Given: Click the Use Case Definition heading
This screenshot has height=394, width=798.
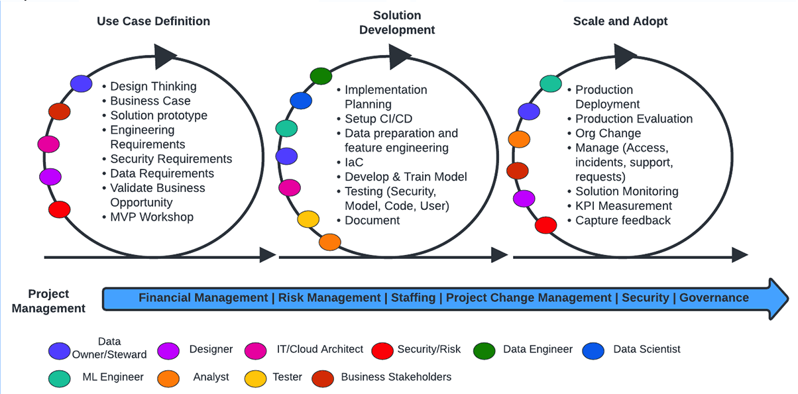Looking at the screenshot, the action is coord(154,21).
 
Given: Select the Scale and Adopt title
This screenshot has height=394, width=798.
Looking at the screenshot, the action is coord(620,21).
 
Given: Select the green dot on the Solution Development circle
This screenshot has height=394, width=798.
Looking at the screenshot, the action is coord(321,75).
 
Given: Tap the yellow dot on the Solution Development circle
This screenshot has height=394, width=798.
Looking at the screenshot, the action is coord(308,219).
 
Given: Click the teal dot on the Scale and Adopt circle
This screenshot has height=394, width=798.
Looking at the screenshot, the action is coord(551,83).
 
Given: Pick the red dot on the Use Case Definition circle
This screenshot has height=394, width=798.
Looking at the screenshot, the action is coord(60,209).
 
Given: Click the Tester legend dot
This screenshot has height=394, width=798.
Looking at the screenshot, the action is coord(255,379).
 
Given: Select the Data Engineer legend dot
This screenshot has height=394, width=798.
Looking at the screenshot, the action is coord(484,351).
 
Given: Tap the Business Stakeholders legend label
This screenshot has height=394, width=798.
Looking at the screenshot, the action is coord(396,377).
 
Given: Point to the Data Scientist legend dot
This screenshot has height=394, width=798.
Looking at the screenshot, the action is coord(593,351).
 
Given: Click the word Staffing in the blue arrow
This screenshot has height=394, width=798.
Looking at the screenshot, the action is coord(414,297).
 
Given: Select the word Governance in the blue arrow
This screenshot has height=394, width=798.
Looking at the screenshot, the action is coord(714,297).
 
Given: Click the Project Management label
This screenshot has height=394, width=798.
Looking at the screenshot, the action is coord(48,301).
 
